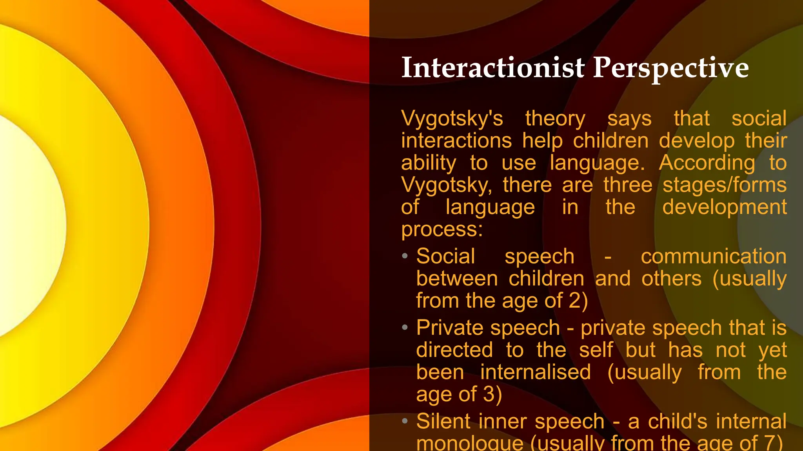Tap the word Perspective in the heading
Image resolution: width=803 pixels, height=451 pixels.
pyautogui.click(x=671, y=69)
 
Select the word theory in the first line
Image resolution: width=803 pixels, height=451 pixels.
pyautogui.click(x=555, y=119)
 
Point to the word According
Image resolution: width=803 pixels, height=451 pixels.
pyautogui.click(x=707, y=163)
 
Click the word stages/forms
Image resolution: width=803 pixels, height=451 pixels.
pyautogui.click(x=725, y=185)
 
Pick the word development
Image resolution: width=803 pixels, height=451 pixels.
pyautogui.click(x=725, y=207)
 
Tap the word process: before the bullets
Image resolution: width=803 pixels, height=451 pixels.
pyautogui.click(x=442, y=229)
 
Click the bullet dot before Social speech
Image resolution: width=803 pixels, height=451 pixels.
pyautogui.click(x=405, y=256)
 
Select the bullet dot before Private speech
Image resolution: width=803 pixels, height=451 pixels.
pyautogui.click(x=405, y=327)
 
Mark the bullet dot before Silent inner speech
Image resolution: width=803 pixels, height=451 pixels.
pyautogui.click(x=405, y=421)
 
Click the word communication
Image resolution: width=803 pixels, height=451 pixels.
pyautogui.click(x=714, y=257)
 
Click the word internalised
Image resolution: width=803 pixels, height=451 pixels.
pyautogui.click(x=536, y=372)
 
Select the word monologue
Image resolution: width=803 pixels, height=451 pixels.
pyautogui.click(x=470, y=444)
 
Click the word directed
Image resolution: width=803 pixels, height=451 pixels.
pyautogui.click(x=454, y=350)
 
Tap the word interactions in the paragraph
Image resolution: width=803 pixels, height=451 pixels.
pyautogui.click(x=456, y=141)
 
